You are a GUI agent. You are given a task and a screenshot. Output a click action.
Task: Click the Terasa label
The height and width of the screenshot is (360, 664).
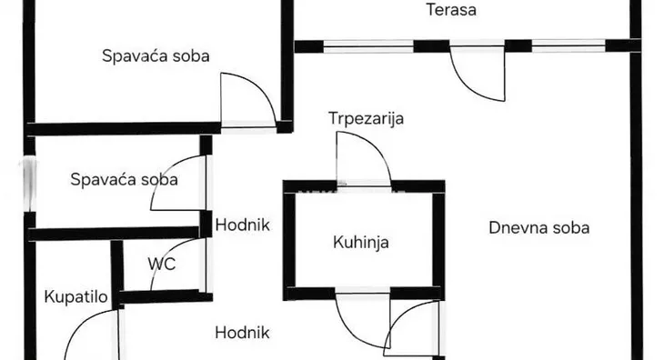(x=452, y=12)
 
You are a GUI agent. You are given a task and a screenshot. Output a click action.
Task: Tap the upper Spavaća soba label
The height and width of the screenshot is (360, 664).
(x=156, y=55)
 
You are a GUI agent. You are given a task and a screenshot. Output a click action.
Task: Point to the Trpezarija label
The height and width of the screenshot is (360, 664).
(x=367, y=118)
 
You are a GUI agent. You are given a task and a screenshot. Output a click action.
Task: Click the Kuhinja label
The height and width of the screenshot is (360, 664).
(x=361, y=242)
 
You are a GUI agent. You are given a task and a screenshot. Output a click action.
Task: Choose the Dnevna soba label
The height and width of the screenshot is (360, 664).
(x=538, y=227)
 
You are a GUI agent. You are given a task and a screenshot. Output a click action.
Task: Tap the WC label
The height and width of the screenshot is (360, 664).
(x=162, y=265)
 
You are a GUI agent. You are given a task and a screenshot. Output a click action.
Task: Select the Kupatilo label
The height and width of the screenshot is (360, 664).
(x=77, y=296)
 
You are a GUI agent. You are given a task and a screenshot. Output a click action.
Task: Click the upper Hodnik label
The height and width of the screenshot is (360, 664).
(x=243, y=223)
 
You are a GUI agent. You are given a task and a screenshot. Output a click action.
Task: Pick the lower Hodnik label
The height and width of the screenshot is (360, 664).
(x=243, y=333)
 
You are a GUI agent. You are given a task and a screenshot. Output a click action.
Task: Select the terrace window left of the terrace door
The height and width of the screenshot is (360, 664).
(x=369, y=44)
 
